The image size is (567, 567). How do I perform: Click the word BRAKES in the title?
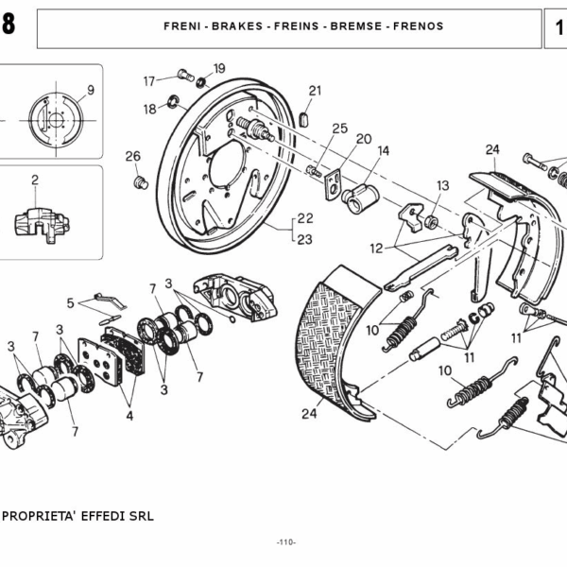point(237,26)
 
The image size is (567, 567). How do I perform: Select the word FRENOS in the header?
point(418,26)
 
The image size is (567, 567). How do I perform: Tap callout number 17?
point(149,81)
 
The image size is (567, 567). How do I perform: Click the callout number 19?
point(219,68)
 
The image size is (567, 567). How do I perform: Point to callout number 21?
point(315,91)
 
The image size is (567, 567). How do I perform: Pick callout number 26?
point(132,156)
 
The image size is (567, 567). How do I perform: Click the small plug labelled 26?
point(141,182)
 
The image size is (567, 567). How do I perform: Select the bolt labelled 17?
point(186,76)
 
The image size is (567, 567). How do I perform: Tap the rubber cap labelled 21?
point(304,120)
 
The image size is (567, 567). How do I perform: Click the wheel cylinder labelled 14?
point(360,198)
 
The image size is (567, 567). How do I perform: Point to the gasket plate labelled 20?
point(334,184)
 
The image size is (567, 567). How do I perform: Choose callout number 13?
point(442,185)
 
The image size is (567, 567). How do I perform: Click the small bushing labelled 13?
point(431,221)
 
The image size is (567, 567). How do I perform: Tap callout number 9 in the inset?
point(91,90)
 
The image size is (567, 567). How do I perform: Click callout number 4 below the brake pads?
point(129,416)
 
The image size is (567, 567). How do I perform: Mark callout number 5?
point(71,303)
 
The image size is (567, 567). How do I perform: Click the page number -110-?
point(286,542)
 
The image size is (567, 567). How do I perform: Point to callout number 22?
point(305,218)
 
